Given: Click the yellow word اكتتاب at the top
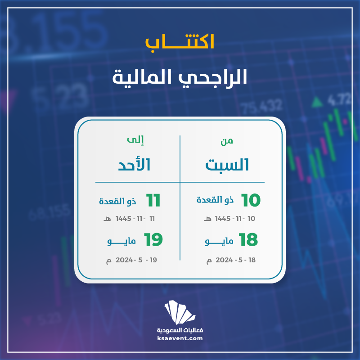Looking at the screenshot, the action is tap(180, 42).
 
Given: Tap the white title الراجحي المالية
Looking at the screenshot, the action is tap(180, 77).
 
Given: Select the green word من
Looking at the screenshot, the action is tap(227, 141).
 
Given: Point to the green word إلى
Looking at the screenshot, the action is tap(135, 140).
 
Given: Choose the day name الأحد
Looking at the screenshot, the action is tap(134, 164).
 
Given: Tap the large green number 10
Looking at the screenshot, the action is tap(251, 200).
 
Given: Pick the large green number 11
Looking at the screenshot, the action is tap(153, 200).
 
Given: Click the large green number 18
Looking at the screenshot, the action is tap(248, 240).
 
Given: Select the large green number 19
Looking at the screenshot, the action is tap(153, 240).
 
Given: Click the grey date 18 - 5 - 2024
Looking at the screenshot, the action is tap(235, 260).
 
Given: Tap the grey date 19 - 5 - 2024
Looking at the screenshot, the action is tap(136, 260).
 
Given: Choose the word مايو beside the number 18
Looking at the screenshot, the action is tap(219, 241).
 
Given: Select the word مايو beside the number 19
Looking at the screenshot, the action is tap(121, 241).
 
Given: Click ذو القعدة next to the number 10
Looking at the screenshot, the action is tap(215, 200).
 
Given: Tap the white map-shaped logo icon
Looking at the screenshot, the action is tap(180, 312).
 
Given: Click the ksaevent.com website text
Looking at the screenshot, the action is tap(180, 338).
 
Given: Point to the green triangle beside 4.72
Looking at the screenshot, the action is tap(317, 102).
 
